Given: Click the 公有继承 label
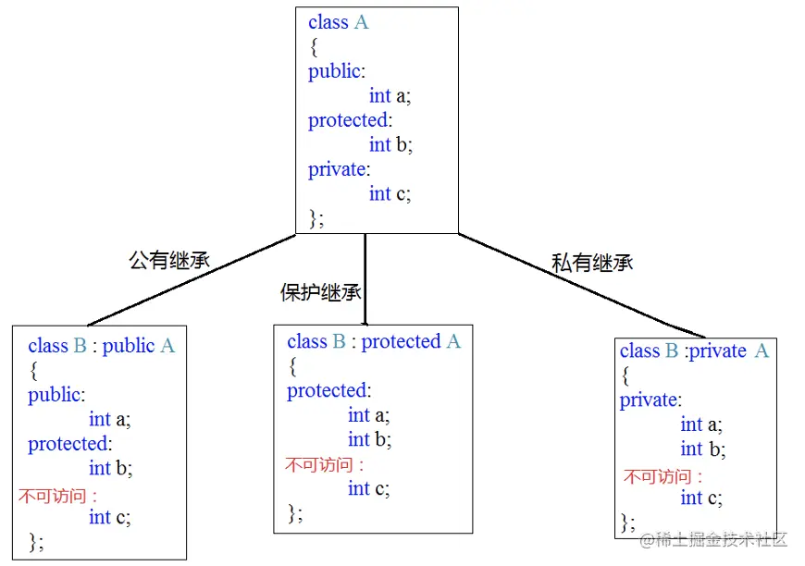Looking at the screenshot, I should (169, 260).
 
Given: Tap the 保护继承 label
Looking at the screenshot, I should (320, 292).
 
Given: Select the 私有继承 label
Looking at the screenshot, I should (592, 262).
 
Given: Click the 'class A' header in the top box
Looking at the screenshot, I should (338, 22).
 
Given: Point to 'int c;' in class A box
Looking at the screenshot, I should (390, 193).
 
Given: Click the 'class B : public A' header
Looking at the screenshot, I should (101, 346).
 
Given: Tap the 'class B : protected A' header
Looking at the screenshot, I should (373, 341).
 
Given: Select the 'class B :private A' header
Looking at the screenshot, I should (694, 351).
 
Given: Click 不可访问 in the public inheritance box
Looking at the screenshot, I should (57, 496).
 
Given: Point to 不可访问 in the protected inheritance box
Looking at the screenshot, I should (324, 465).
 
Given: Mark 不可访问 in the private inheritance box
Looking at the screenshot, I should (663, 477).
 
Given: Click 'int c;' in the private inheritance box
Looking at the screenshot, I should (701, 498).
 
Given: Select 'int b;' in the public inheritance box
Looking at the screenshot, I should (110, 468).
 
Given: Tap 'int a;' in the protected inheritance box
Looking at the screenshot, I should (369, 415).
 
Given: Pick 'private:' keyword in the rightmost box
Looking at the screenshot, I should (650, 400).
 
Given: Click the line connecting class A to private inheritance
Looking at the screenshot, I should (583, 285).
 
